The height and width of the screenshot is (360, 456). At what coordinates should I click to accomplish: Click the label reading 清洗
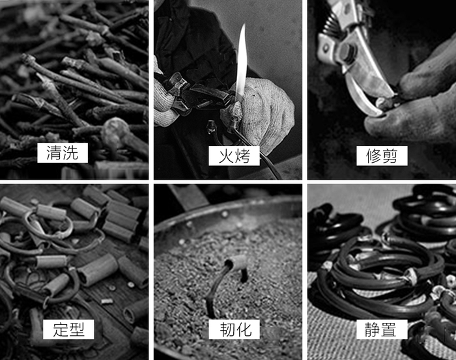click(x=63, y=152)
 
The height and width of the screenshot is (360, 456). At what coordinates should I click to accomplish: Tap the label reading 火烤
click(x=234, y=156)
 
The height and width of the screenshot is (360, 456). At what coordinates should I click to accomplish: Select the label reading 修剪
click(x=382, y=156)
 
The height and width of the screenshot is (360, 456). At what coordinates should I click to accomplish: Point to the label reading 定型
click(x=68, y=329)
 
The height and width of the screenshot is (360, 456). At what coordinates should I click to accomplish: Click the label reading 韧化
click(x=234, y=329)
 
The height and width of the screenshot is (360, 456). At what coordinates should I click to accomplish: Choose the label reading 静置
click(x=382, y=329)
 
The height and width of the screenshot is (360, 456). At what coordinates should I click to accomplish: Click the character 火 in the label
click(x=225, y=156)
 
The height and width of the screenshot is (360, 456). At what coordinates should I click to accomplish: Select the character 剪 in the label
click(x=390, y=156)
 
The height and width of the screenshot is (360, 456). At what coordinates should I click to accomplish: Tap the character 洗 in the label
click(x=71, y=152)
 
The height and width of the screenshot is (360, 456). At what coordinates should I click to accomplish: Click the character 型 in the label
click(x=77, y=329)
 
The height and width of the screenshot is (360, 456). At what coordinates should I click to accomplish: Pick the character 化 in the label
click(x=243, y=329)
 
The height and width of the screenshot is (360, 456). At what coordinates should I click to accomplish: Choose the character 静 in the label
click(x=373, y=329)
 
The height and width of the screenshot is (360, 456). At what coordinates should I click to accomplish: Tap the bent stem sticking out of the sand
click(x=218, y=288)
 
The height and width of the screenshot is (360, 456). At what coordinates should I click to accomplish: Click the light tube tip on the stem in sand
click(x=238, y=262)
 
